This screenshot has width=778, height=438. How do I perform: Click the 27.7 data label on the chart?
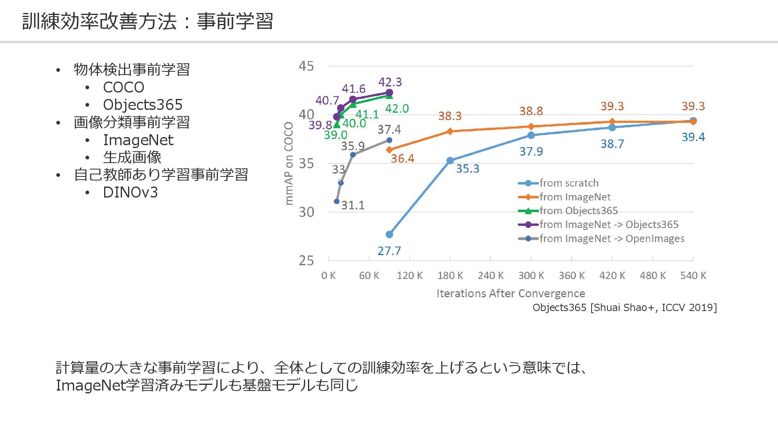(389, 251)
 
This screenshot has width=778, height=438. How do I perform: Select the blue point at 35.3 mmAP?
(450, 161)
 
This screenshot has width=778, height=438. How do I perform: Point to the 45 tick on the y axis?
(306, 66)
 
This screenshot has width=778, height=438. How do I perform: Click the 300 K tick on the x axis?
(531, 276)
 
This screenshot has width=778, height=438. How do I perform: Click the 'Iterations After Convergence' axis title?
(511, 293)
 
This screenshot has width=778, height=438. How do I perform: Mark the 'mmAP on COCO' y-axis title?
(289, 163)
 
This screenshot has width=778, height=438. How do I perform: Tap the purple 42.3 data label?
(390, 82)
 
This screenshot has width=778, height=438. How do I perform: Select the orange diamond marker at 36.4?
(389, 150)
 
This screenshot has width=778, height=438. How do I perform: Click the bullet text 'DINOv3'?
(130, 192)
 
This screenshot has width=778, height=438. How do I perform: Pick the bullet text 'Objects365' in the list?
(143, 105)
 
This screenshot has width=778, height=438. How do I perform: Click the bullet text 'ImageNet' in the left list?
(138, 140)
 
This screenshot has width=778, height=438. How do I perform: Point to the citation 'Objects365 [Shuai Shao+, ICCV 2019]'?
(624, 307)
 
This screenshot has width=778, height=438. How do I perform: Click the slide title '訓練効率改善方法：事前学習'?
(147, 21)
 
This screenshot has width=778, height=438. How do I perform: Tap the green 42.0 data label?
(397, 109)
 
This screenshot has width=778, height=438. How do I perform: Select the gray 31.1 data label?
(353, 205)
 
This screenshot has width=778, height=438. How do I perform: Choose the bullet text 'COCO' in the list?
(124, 87)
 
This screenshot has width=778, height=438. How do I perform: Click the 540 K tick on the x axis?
(693, 276)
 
